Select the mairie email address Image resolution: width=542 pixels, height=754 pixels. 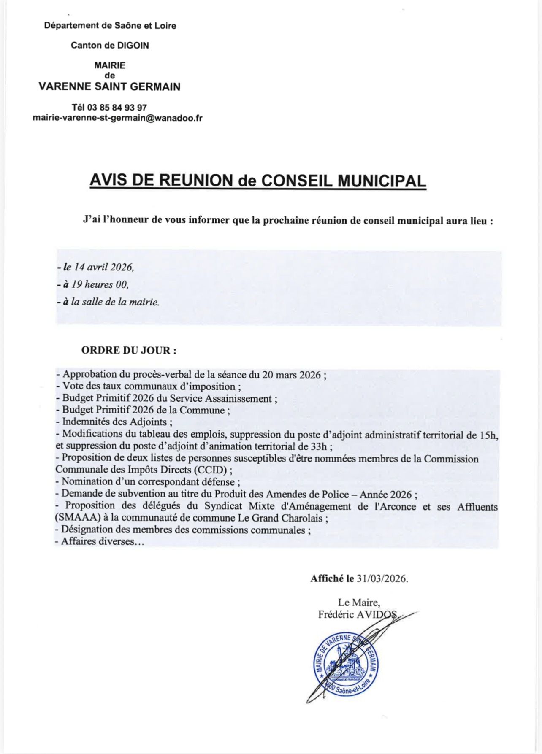[117, 118]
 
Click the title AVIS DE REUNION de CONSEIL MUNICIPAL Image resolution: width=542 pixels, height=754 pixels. [257, 181]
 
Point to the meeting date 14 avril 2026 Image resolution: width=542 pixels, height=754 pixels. [104, 267]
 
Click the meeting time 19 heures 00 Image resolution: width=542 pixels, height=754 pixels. [100, 285]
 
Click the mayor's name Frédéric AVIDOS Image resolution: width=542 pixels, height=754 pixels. [358, 614]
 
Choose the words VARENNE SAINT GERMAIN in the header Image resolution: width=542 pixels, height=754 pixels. [109, 87]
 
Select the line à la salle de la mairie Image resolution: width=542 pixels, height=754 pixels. [111, 302]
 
